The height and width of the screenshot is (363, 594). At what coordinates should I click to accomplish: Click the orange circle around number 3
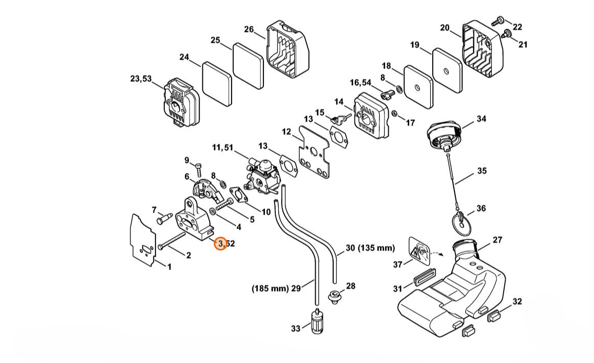tap(220, 244)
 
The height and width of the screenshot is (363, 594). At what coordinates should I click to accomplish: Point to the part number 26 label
tap(248, 29)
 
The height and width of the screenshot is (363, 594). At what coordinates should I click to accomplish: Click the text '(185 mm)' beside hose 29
tap(270, 289)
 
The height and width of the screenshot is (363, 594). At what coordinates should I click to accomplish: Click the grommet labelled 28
tap(334, 296)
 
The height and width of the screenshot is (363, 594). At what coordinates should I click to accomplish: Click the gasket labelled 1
tap(142, 239)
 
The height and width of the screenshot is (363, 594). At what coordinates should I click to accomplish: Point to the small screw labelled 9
tap(199, 168)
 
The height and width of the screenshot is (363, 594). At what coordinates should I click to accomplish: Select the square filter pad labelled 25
tap(248, 66)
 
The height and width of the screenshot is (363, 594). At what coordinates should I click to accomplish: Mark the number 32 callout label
tap(517, 301)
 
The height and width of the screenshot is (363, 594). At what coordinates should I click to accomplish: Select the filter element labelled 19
tap(447, 70)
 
